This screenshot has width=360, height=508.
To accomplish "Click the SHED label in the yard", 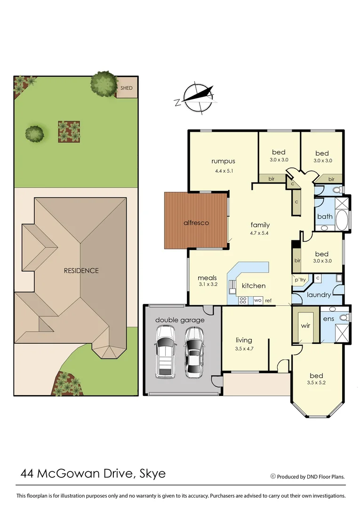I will click(127, 88).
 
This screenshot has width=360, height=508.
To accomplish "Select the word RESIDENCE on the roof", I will click(81, 270).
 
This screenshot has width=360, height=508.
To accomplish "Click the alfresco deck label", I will click(196, 222).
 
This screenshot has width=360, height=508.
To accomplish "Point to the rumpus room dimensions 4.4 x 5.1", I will click(223, 171).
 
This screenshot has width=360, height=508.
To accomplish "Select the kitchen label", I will click(254, 286).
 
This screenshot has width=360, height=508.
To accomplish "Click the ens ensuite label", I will click(328, 319).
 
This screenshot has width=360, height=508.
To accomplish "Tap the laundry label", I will click(319, 295).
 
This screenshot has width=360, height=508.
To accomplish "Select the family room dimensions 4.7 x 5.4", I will click(260, 233).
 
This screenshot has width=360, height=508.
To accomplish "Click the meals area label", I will click(207, 278).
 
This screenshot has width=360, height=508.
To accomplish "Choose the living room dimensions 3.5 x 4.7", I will click(244, 349).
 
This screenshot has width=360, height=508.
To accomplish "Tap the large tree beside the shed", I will click(104, 83).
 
